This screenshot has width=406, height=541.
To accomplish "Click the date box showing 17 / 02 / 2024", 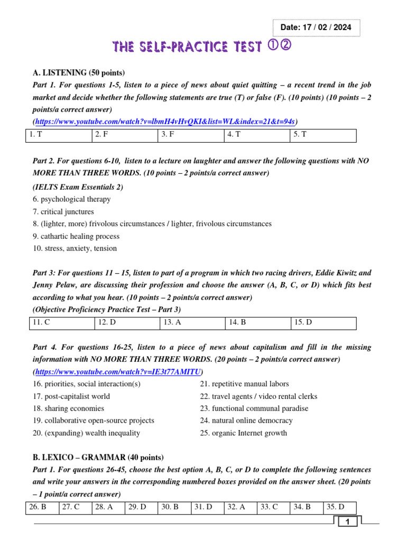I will [316, 28].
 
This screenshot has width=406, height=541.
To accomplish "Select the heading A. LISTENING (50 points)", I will [76, 73].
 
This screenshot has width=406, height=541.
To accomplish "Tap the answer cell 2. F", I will [124, 135].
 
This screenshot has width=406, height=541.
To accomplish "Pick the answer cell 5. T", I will [323, 135].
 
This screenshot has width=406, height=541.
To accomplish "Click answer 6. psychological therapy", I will [71, 199].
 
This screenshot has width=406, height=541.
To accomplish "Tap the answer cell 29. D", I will [140, 507].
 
